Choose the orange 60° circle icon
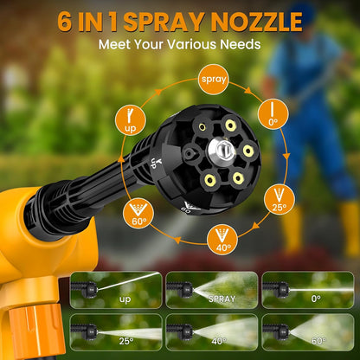point(137,211)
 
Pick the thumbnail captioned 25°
point(125,332)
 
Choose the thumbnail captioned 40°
point(212,332)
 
